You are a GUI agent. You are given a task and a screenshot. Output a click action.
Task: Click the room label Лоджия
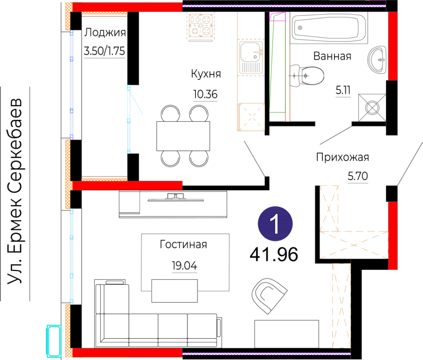click(x=105, y=33)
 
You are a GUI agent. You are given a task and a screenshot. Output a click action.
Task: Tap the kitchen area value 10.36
click(x=205, y=94)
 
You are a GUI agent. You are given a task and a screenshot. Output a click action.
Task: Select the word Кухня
click(x=206, y=74)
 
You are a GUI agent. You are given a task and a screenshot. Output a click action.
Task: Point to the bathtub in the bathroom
click(x=329, y=28)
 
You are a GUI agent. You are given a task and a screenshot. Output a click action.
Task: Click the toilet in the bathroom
click(x=307, y=76)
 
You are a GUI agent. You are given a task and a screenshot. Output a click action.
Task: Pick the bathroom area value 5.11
click(x=343, y=90)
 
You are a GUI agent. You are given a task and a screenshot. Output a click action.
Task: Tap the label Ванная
click(x=332, y=56)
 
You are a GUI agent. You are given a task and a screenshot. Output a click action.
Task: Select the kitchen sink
click(x=251, y=57)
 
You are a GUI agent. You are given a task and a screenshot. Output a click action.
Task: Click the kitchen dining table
click(x=183, y=136)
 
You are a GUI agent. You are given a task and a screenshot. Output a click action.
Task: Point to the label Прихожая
click(x=342, y=157)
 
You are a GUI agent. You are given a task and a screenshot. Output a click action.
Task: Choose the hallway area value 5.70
click(x=358, y=176)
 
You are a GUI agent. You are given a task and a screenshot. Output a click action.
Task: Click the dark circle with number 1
click(x=275, y=224)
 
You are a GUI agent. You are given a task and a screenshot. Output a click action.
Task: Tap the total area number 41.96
click(x=274, y=255)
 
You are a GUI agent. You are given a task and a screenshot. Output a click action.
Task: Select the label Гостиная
click(x=184, y=245)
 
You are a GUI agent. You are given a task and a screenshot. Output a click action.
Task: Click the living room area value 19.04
click(x=184, y=266)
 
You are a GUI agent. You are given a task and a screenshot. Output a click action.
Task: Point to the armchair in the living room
click(x=269, y=296)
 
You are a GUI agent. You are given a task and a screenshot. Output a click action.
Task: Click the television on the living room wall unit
click(x=176, y=197)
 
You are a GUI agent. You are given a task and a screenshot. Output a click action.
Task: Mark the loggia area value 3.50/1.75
click(x=104, y=51)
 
